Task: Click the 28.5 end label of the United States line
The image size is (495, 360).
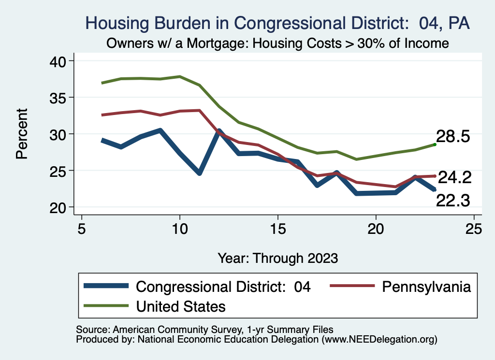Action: coord(453,137)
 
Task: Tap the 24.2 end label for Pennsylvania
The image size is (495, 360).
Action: coord(454,178)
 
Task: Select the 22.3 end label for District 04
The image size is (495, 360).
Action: coord(453,201)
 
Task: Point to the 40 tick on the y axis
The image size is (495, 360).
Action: coord(60,61)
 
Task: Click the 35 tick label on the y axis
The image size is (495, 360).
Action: coord(60,98)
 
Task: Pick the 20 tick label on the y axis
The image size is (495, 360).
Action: coord(60,207)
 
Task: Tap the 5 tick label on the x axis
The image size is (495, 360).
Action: coord(82,229)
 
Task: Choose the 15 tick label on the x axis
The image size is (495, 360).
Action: coord(278,229)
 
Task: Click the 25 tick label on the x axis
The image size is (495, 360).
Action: coord(474,229)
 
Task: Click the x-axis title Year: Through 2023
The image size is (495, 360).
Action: coord(277,258)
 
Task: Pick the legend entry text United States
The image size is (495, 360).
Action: coord(181,306)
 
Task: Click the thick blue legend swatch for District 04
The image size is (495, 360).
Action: coord(106,287)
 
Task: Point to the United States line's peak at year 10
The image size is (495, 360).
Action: coord(180,76)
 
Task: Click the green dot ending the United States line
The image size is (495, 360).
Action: coord(435,144)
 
